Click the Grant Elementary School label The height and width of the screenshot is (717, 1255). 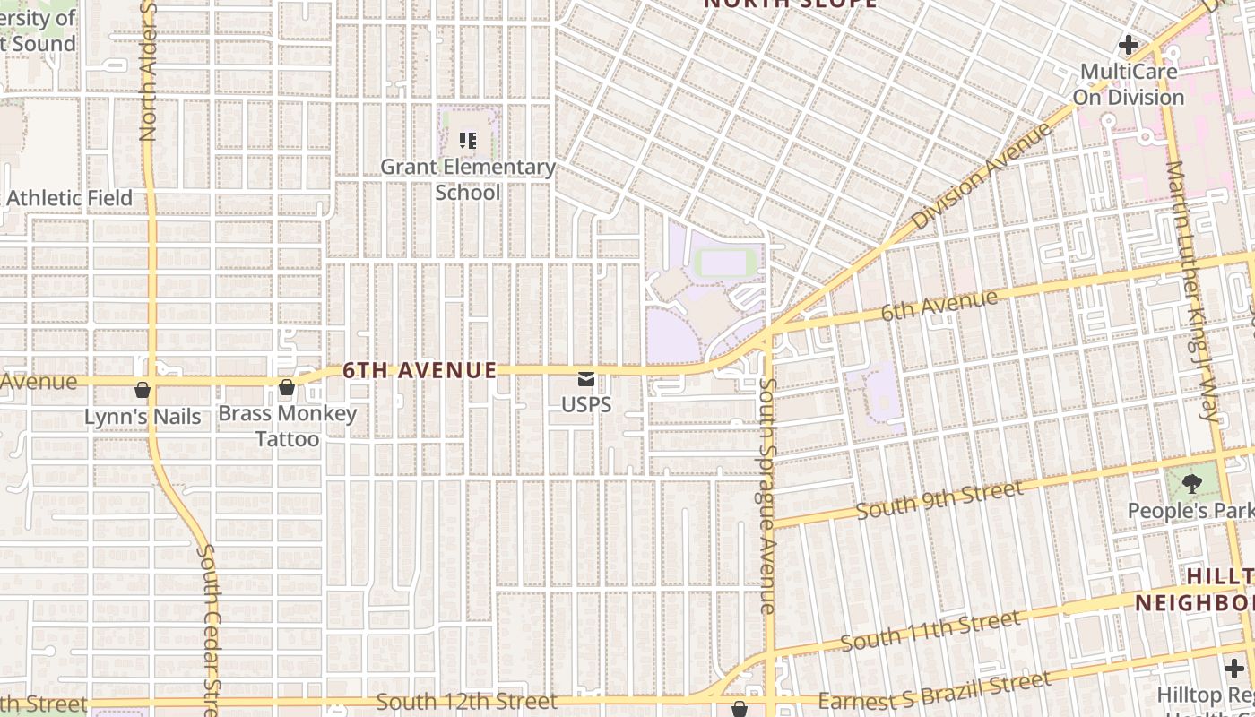tap(468, 179)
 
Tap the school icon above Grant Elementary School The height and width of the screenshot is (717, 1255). tap(468, 141)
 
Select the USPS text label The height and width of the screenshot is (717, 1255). tap(586, 404)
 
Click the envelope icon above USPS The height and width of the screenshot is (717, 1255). tap(586, 379)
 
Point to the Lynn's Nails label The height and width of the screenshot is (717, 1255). tap(143, 417)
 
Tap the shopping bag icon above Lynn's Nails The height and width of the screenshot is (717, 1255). tap(143, 389)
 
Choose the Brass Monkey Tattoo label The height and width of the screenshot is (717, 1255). tap(288, 427)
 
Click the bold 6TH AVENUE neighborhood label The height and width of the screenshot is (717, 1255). tap(420, 370)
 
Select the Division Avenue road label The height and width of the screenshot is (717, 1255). tap(981, 177)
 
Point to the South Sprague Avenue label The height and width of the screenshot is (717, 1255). tap(767, 496)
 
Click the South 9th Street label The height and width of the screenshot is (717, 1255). tap(939, 500)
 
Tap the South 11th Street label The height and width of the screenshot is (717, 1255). tap(930, 630)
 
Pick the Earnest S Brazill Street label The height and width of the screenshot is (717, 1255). tap(935, 691)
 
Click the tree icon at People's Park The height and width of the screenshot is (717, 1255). tap(1191, 485)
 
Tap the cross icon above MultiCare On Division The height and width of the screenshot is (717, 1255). tap(1129, 44)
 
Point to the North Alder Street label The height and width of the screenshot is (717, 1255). tap(148, 72)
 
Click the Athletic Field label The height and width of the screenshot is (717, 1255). tap(70, 198)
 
